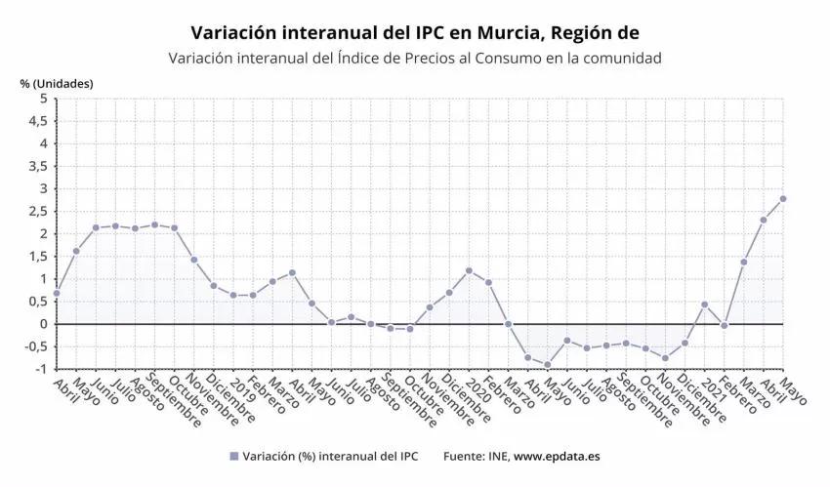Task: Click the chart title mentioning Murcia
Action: coord(415,33)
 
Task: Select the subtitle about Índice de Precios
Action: coord(415,59)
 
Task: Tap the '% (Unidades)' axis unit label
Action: coord(57,83)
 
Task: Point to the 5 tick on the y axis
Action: coord(43,99)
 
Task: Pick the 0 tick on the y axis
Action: coord(43,324)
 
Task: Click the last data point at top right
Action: coord(783,199)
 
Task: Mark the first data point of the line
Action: coord(57,293)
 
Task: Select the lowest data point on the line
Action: coord(548,365)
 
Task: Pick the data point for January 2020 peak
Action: coord(469,270)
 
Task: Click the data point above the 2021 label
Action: coord(704,304)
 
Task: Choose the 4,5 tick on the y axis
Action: coord(37,121)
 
